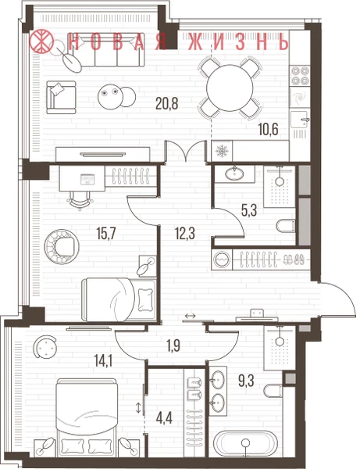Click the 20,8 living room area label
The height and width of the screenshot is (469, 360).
[166, 103]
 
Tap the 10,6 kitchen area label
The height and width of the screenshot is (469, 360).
[269, 130]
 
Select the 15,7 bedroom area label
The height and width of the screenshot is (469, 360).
[106, 233]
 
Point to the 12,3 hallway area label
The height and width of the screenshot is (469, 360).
[185, 233]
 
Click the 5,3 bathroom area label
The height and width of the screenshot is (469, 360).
[249, 210]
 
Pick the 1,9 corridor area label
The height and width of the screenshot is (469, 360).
[173, 345]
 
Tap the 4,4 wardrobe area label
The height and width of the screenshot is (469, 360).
[164, 417]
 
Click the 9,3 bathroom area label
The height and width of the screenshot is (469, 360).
[246, 381]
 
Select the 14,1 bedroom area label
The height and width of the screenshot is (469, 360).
[103, 361]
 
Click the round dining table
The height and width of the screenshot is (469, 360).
[230, 88]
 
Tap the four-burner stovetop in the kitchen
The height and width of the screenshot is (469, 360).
[300, 75]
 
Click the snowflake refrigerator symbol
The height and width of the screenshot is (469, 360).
[222, 151]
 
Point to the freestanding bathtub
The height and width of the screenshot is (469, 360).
[245, 443]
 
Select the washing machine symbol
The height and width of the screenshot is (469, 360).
[221, 259]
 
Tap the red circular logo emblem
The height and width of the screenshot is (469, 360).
[41, 41]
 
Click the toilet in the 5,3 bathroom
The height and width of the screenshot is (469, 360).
[286, 226]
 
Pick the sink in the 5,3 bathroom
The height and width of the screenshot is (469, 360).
[234, 174]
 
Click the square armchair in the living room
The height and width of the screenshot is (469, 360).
[61, 97]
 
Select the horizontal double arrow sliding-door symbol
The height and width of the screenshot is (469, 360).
[190, 316]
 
